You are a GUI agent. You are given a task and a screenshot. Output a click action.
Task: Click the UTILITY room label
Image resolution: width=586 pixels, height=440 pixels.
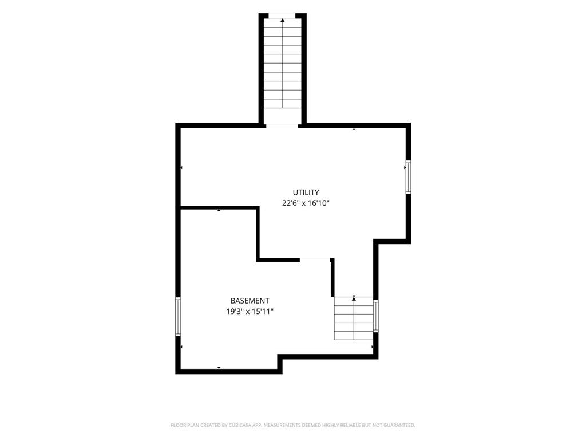(x=306, y=192)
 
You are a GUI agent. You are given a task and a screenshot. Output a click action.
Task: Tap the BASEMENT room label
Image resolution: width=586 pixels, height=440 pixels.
(x=250, y=300)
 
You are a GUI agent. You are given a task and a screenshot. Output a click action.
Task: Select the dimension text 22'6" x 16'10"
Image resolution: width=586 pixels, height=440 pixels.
(x=306, y=203)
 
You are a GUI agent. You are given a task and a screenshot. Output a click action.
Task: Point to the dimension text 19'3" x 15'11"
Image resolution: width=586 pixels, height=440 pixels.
(x=250, y=311)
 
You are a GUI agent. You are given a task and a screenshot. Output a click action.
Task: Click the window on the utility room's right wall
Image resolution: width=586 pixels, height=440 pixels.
(x=408, y=177)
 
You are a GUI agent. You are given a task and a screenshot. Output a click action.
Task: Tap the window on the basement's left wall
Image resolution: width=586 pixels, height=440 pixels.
(x=178, y=316)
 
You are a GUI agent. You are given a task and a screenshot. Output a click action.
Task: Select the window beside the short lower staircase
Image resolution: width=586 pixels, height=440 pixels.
(x=375, y=316)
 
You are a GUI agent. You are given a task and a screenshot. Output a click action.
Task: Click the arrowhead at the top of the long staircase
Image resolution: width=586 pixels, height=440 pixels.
(x=283, y=20)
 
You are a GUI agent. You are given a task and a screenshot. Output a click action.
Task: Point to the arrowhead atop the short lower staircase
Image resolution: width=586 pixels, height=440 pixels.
(x=354, y=298)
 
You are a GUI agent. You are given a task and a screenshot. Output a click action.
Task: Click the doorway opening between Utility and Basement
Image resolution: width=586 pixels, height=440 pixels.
(x=315, y=258)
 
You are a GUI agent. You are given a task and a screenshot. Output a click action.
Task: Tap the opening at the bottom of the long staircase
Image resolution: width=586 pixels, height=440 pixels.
(x=282, y=125)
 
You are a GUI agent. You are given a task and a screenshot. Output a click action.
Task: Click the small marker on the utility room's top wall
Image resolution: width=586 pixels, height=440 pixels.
(x=354, y=129)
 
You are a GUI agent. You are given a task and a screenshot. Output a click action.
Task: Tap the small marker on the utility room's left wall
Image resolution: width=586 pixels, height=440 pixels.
(x=181, y=168)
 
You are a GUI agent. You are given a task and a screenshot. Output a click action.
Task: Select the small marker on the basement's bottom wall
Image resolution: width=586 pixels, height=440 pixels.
(x=219, y=368)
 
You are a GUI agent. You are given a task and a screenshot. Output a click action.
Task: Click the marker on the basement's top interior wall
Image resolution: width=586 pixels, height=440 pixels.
(x=219, y=210)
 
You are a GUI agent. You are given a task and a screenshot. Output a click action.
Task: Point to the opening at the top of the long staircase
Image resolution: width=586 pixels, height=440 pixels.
(x=282, y=15)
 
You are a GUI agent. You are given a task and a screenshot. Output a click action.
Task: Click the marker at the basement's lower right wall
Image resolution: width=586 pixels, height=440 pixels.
(x=372, y=347)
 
